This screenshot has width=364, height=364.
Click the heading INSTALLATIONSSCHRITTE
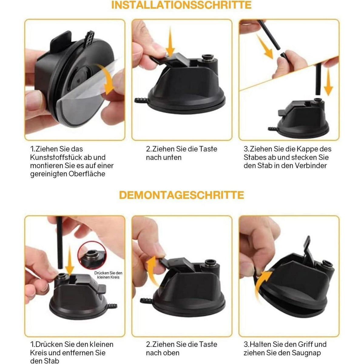pos(181,5)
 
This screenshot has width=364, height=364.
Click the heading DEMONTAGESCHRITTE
pos(181,195)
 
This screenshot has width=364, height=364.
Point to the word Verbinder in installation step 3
pos(311,166)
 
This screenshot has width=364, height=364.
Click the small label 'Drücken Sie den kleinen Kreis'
pos(108,275)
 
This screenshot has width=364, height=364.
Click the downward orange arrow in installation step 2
pos(170,43)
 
